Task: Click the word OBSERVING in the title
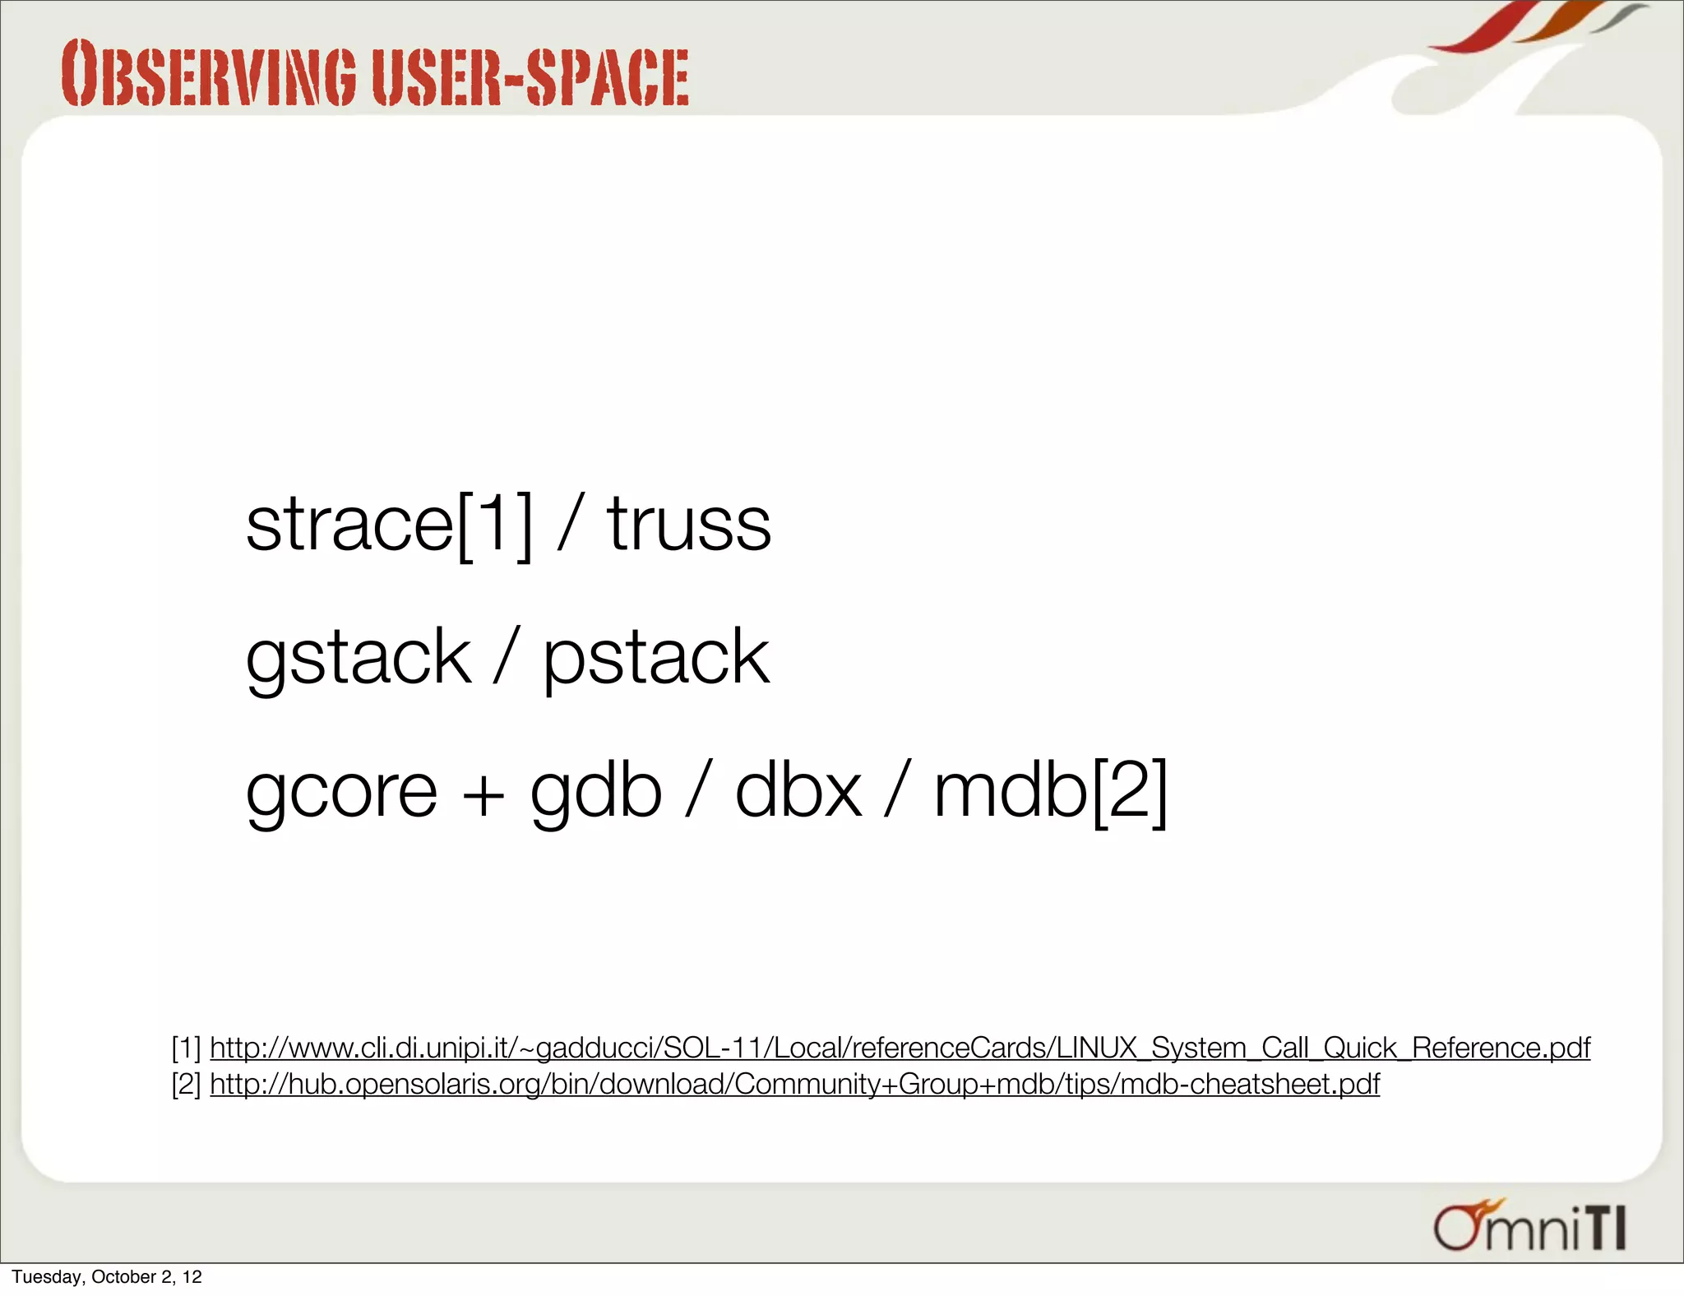tap(209, 74)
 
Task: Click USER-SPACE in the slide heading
tap(530, 76)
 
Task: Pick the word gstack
tap(359, 657)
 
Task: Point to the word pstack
tap(656, 657)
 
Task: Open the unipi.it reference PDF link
tap(900, 1048)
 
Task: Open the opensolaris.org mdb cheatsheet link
tap(794, 1084)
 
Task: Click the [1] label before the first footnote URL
tap(186, 1048)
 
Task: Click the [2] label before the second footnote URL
tap(186, 1084)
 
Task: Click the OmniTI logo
tap(1529, 1226)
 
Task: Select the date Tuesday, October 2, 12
tap(107, 1276)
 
